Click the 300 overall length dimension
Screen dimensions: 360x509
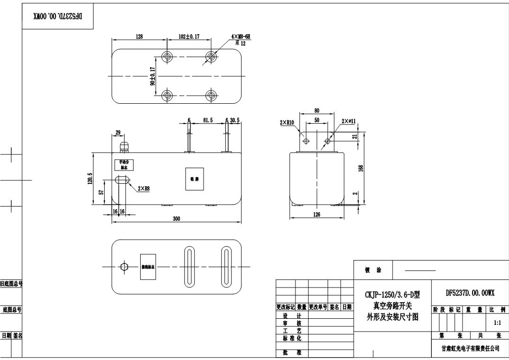pyautogui.click(x=176, y=219)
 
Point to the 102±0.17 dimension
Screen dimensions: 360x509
pyautogui.click(x=189, y=36)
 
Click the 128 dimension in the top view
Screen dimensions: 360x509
pyautogui.click(x=139, y=36)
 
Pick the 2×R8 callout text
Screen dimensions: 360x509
pyautogui.click(x=144, y=188)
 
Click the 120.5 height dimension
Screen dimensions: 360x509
pyautogui.click(x=90, y=179)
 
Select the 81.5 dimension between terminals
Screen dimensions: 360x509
pyautogui.click(x=208, y=120)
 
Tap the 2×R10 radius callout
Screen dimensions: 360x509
pyautogui.click(x=287, y=122)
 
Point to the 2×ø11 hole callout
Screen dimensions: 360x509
pyautogui.click(x=348, y=122)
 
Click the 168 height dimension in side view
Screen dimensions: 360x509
pyautogui.click(x=361, y=169)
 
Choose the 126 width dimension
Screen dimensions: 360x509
pyautogui.click(x=317, y=215)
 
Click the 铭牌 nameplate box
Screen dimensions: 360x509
pyautogui.click(x=195, y=179)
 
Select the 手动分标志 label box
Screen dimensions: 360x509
pyautogui.click(x=124, y=165)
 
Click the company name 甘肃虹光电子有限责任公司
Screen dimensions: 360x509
pyautogui.click(x=470, y=348)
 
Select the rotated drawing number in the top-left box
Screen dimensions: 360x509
pyautogui.click(x=58, y=16)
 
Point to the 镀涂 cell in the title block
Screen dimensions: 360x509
pyautogui.click(x=373, y=270)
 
